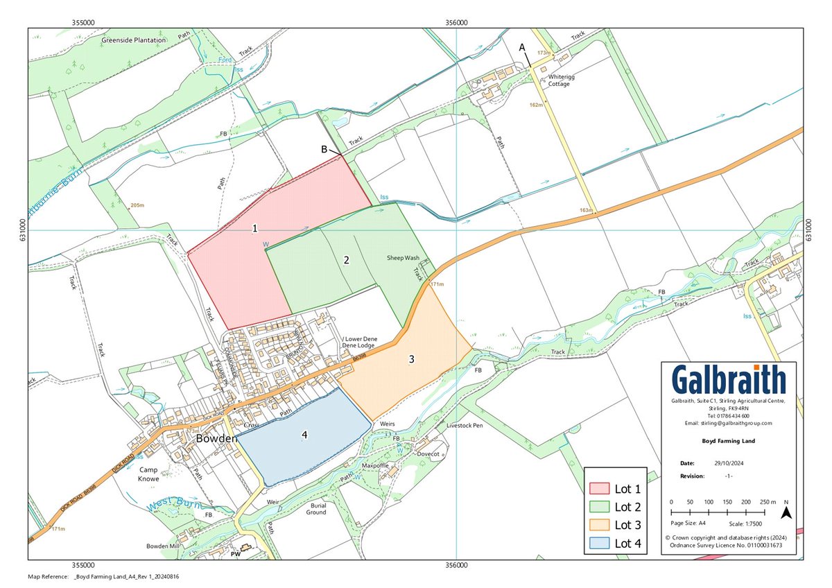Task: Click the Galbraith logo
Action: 729,381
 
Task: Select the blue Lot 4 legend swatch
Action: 599,543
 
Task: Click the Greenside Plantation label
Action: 134,40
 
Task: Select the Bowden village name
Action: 217,439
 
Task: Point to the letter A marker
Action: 523,46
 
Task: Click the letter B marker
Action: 324,149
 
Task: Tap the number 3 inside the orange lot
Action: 411,359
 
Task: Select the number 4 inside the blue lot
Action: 304,435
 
